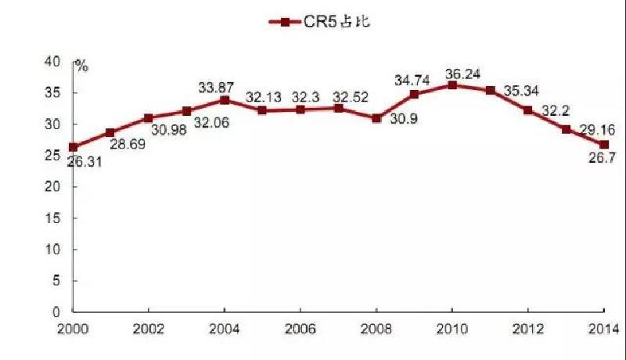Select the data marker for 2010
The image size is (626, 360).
click(452, 85)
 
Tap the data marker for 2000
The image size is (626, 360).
click(73, 147)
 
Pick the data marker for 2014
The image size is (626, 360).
click(603, 145)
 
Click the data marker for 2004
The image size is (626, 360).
click(225, 99)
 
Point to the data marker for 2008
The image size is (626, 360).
click(376, 118)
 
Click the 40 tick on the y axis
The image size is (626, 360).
click(54, 61)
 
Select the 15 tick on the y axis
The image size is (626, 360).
click(54, 218)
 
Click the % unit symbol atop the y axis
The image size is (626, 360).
click(81, 65)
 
